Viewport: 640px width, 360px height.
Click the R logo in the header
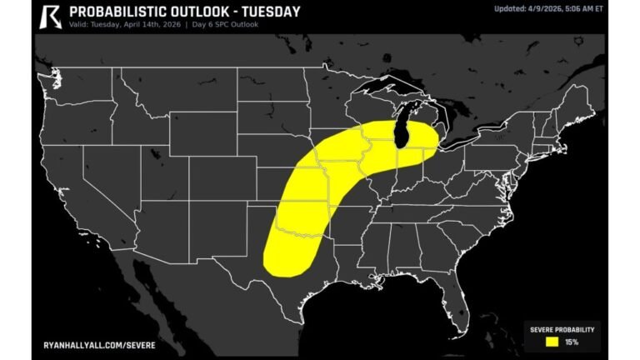[x=51, y=16]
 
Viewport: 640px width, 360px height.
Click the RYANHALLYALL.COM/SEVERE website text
[x=99, y=343]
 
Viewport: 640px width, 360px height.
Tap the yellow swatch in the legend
[x=552, y=341]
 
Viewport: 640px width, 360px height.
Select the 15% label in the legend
[x=572, y=341]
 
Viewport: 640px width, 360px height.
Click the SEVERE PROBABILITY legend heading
[x=561, y=328]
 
